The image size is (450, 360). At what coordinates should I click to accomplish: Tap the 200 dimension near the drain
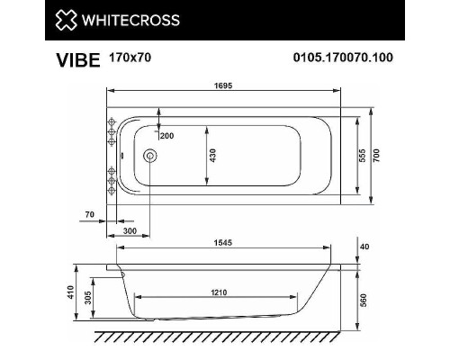[x=166, y=135]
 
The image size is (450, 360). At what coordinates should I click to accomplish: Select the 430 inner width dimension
[x=213, y=156]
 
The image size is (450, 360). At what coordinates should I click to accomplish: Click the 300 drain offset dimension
[x=131, y=231]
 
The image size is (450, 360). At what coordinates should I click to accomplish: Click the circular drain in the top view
[x=149, y=157]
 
